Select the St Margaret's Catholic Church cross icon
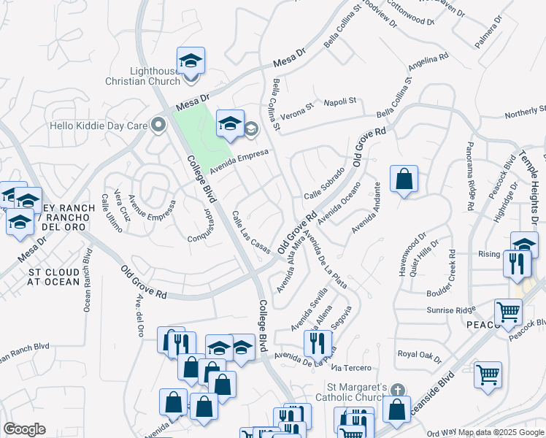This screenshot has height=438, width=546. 396,391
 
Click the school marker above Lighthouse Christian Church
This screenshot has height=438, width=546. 191,61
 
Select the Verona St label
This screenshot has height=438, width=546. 298,107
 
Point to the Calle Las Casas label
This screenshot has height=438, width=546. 250,233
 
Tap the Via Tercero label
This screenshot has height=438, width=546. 354,367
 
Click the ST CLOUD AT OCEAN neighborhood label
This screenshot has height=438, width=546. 54,276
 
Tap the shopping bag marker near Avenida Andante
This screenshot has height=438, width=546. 404,180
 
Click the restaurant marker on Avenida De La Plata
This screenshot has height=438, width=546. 318,342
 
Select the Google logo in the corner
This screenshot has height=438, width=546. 24,429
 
